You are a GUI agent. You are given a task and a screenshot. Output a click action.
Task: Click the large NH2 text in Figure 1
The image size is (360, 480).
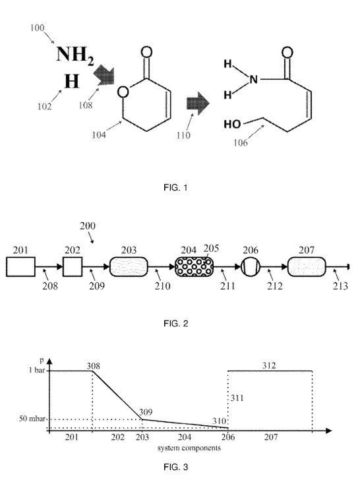coord(75,55)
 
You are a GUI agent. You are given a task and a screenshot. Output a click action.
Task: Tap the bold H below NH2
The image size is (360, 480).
coord(72,82)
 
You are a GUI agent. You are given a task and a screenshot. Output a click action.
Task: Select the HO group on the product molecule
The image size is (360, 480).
coord(232,124)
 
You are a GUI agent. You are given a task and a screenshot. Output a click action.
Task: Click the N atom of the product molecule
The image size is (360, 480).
coord(253,80)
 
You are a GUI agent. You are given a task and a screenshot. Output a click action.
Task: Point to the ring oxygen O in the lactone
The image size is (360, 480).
coord(123,92)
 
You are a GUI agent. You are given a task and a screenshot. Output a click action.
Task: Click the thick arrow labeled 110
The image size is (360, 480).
coord(198,104)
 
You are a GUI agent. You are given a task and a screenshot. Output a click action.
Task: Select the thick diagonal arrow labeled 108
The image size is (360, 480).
coord(104,76)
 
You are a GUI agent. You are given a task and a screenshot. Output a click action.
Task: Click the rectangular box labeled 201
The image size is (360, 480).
coord(20,266)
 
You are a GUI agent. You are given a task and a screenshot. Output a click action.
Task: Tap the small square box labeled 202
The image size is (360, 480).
coord(73,266)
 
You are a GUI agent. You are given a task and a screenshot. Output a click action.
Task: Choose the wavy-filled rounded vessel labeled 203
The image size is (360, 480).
coord(129,266)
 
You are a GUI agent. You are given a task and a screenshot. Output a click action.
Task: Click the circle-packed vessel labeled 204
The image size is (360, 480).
coord(194,266)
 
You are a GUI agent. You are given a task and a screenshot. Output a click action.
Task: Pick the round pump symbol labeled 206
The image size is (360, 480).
coord(251,266)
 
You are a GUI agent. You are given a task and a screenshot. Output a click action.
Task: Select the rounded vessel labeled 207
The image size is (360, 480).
coord(307,266)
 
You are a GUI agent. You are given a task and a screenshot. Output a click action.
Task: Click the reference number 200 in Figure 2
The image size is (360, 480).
coord(88,226)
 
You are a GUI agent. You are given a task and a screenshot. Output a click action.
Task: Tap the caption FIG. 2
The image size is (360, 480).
coord(175,324)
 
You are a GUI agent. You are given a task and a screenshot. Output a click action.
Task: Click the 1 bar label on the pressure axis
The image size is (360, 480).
coord(37,371)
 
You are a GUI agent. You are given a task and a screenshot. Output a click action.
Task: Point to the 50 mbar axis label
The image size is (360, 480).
coord(32,419)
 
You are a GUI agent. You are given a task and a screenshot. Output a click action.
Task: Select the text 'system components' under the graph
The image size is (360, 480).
coord(189,448)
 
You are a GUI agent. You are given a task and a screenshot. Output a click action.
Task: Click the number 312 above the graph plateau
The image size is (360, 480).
coord(269,365)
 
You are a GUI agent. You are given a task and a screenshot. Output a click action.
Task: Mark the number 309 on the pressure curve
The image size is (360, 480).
coord(146,412)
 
